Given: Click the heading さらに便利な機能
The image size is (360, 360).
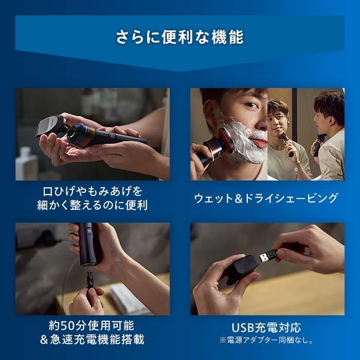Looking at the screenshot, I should tap(179, 38).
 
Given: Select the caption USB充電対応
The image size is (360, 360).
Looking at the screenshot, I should tap(266, 328).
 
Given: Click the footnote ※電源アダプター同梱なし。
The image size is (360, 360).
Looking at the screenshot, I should tap(266, 340).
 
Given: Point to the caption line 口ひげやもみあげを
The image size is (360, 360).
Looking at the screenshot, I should tap(93, 191).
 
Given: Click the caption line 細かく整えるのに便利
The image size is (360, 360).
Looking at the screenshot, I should tap(93, 205).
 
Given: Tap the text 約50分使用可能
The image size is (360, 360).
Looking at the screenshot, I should tap(93, 326).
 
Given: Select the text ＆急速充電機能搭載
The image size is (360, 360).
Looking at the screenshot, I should tap(93, 340).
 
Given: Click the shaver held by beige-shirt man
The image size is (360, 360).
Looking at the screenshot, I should tap(285, 142).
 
